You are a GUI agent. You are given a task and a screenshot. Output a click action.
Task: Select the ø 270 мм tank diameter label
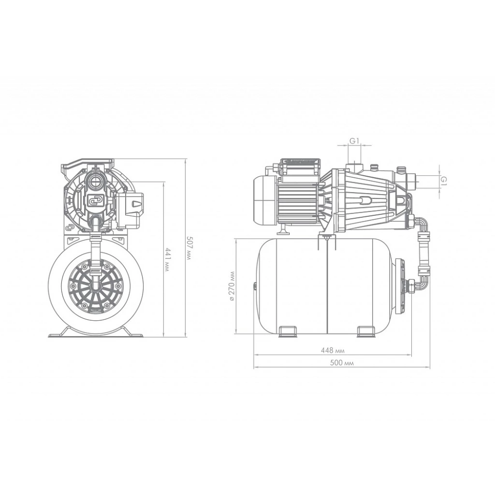coord(232,286)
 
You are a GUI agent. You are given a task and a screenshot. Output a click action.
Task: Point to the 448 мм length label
coord(333,350)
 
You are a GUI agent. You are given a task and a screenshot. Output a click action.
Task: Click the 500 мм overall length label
coord(342,363)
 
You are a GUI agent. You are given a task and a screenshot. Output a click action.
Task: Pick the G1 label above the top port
coord(354,141)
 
